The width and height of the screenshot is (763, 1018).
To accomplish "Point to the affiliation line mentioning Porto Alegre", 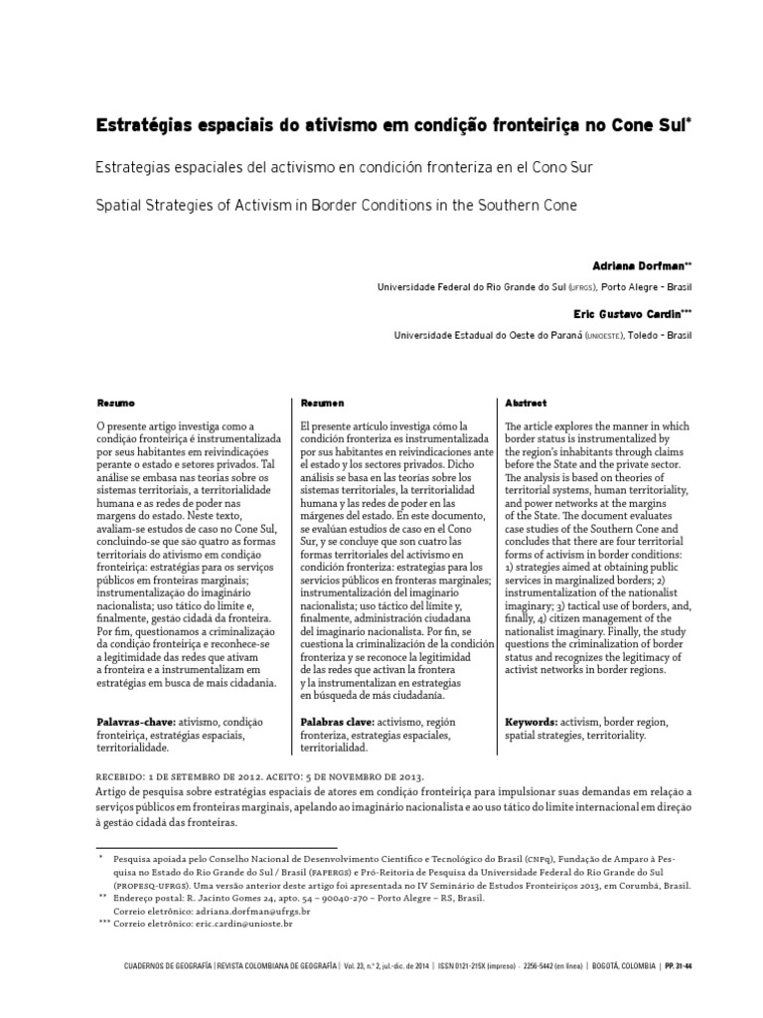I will tap(534, 287).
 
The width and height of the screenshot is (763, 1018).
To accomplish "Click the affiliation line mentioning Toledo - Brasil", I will tap(542, 335).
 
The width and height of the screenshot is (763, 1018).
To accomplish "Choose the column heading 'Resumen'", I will tap(322, 403).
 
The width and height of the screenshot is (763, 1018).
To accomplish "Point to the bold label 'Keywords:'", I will tap(532, 721).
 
